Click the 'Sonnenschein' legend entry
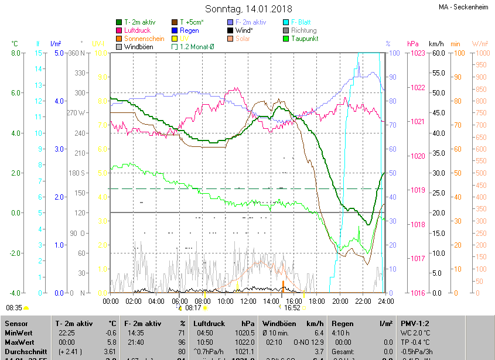144,39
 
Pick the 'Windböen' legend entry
139,47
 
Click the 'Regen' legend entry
189,30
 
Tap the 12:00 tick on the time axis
248,301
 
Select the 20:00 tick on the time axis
340,301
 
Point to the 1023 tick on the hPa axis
417,53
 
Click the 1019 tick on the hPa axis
417,190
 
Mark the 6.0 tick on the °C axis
15,93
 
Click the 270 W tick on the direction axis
76,113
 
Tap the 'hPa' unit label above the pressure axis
412,44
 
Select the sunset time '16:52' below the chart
292,307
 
